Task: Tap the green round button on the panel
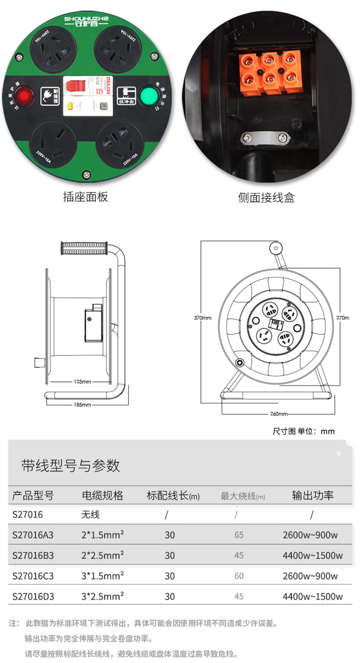click(x=148, y=95)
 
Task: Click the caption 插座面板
click(x=85, y=197)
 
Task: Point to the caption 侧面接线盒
click(x=266, y=197)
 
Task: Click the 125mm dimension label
click(x=82, y=381)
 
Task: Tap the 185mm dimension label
click(x=82, y=404)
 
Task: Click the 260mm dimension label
click(x=279, y=414)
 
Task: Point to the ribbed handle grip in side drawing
click(x=84, y=248)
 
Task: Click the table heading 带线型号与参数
click(x=71, y=465)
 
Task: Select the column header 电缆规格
click(x=102, y=495)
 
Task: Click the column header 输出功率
click(x=313, y=495)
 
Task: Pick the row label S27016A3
click(x=33, y=535)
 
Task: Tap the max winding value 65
click(x=239, y=535)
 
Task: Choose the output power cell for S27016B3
click(x=312, y=555)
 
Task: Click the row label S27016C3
click(x=33, y=576)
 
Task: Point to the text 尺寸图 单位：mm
click(x=303, y=431)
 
